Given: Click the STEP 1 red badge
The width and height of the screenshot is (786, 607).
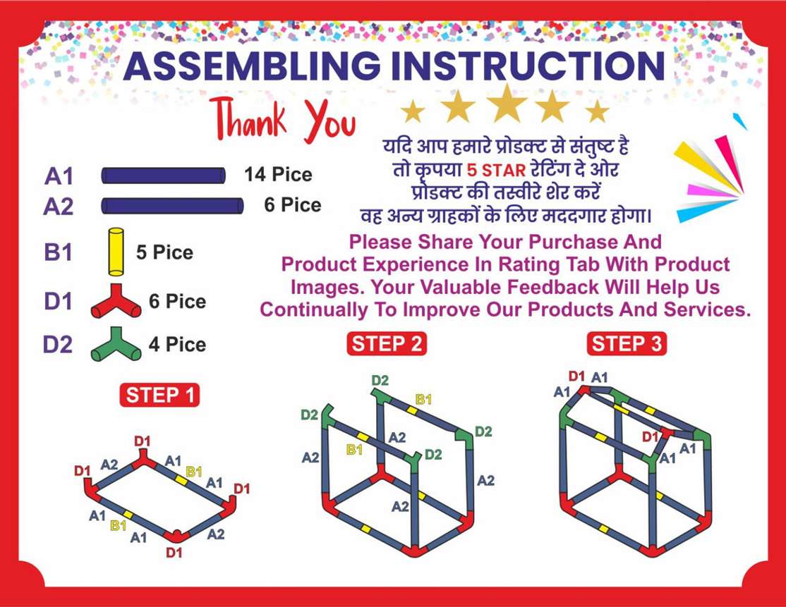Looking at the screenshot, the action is [x=159, y=396].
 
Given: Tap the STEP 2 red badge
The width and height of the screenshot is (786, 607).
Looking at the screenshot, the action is [x=387, y=344].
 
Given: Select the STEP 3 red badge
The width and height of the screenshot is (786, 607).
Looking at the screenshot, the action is [x=627, y=344].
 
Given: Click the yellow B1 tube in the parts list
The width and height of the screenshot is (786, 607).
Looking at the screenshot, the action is [x=116, y=252].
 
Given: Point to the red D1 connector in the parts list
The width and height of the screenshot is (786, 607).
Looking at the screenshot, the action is [x=116, y=302].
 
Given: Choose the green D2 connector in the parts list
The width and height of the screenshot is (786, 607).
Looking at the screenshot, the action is [x=116, y=344].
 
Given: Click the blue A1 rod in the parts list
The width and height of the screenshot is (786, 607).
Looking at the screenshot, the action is [x=164, y=176].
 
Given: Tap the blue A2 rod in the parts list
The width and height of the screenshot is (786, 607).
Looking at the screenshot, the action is [x=172, y=206].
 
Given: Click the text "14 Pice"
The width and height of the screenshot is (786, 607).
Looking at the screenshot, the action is [x=278, y=174].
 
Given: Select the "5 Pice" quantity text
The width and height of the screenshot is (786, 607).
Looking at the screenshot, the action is [x=164, y=252].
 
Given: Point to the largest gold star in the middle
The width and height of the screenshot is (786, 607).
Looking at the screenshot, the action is [x=507, y=104].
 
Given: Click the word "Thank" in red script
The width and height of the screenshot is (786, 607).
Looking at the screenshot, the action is [x=248, y=118].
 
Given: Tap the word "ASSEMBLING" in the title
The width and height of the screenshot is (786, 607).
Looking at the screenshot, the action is [x=252, y=66].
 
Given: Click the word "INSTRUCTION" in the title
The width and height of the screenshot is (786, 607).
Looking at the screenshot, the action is [x=528, y=66].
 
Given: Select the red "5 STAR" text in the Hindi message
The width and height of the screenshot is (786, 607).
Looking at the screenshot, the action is [x=496, y=171].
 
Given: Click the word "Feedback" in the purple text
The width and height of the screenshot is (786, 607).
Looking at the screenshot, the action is [x=552, y=287].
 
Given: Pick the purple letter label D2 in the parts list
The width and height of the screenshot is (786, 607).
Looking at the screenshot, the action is [x=58, y=345].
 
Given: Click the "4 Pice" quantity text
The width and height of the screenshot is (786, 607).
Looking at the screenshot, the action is [x=178, y=345].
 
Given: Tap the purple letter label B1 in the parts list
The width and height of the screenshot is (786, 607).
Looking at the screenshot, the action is [x=58, y=252].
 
